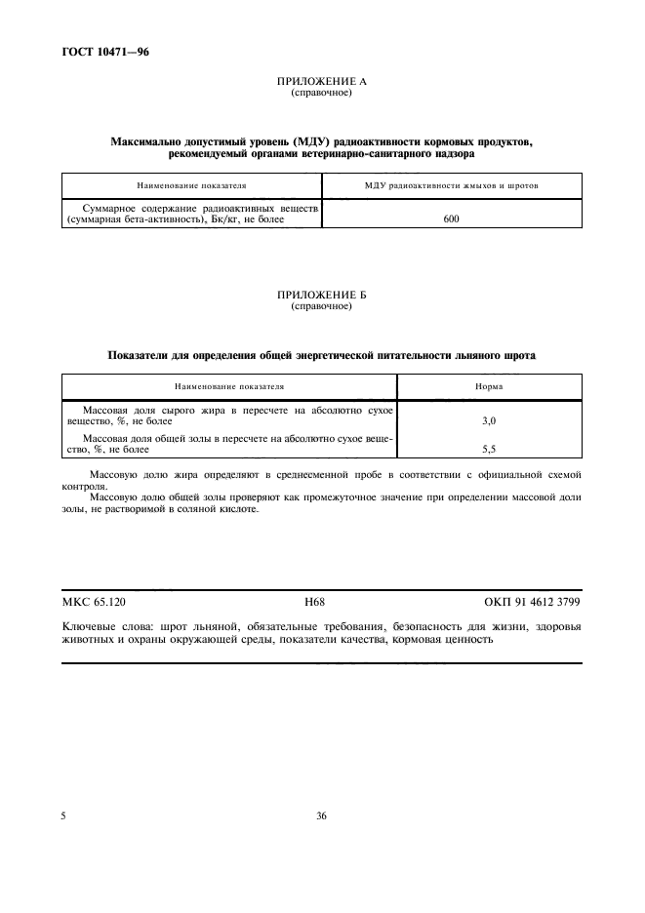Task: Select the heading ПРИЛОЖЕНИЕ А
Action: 321,83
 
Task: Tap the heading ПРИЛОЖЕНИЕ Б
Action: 321,296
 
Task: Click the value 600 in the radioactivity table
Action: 451,219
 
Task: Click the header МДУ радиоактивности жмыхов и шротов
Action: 452,184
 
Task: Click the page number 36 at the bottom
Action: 321,816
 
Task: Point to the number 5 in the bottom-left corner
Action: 64,816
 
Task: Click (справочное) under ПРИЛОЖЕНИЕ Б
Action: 321,306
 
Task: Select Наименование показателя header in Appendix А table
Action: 191,184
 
